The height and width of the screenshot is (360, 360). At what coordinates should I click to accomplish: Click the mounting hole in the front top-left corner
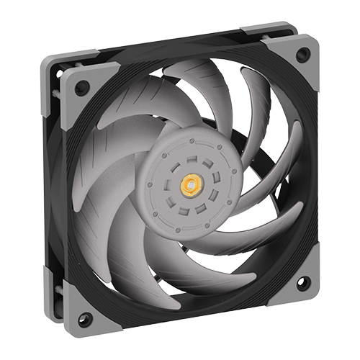(82, 87)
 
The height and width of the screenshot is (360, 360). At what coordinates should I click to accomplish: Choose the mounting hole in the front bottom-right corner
(302, 281)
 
